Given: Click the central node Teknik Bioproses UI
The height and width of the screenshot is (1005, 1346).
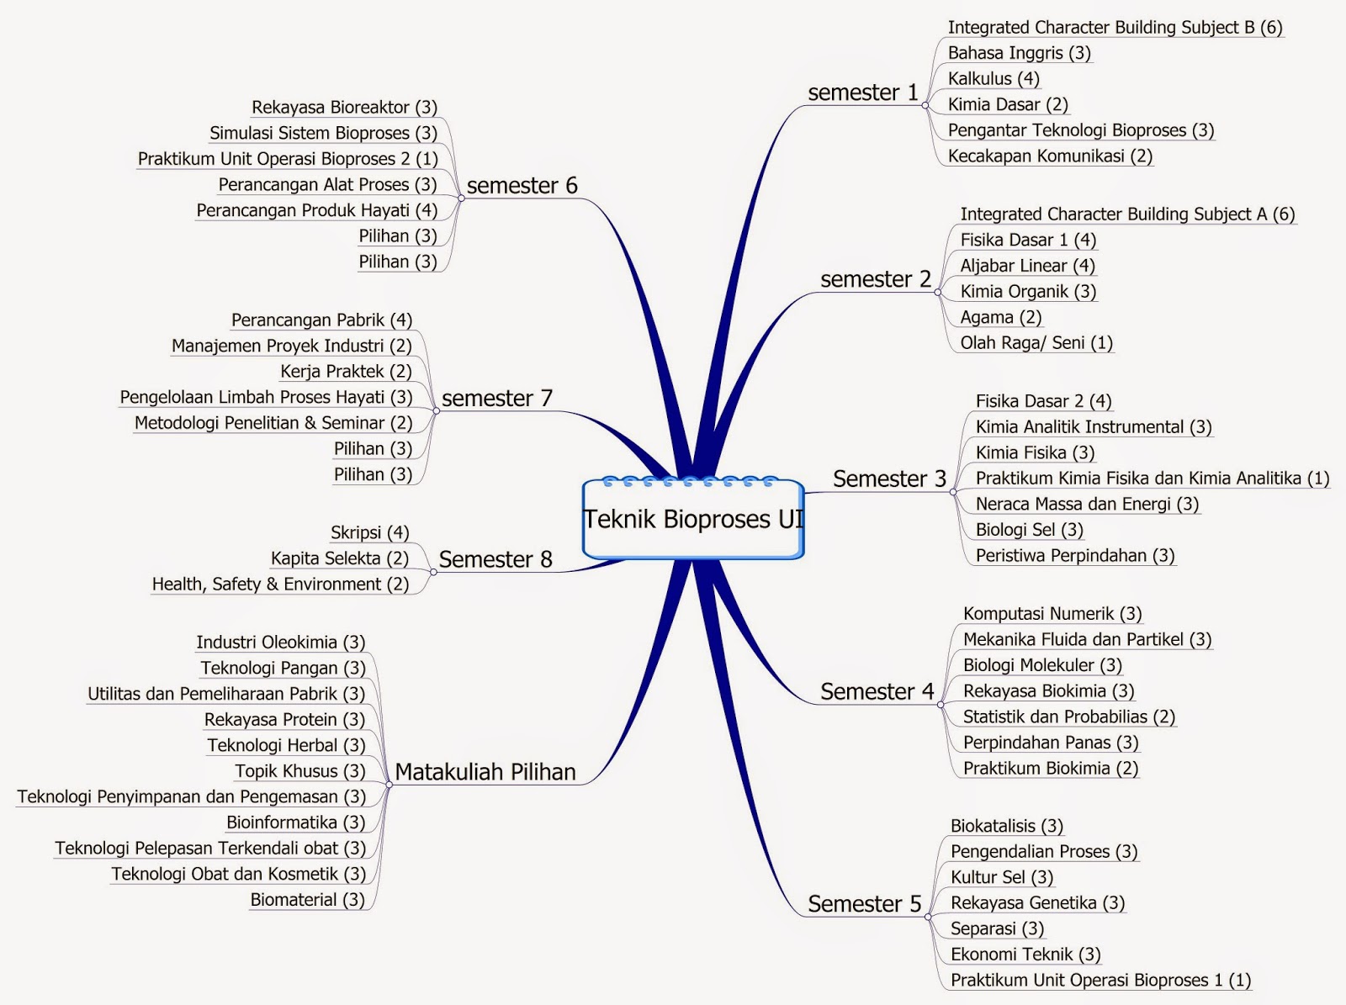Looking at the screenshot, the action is click(x=693, y=519).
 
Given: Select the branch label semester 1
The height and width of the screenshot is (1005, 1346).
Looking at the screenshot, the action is click(x=862, y=93).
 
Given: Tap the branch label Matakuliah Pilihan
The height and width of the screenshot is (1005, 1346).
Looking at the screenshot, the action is click(x=485, y=772).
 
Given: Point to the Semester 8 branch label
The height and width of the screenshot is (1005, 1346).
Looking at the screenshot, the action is click(x=495, y=559).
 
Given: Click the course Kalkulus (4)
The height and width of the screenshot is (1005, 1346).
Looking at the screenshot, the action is click(x=994, y=79).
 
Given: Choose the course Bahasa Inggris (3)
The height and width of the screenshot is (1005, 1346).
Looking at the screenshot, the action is click(x=1019, y=53).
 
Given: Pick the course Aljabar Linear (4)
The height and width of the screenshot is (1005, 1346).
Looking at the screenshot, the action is click(x=1027, y=266).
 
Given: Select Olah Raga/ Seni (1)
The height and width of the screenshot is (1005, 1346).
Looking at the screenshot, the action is click(x=1036, y=343).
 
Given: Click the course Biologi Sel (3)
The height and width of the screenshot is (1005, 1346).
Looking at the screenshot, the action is click(x=1029, y=530).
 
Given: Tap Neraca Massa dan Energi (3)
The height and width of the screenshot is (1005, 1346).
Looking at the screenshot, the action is click(x=1087, y=504).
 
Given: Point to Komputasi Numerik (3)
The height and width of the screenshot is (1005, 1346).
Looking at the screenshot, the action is click(x=1052, y=614).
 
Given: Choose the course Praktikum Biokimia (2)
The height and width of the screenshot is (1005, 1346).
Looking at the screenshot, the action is click(x=1050, y=768).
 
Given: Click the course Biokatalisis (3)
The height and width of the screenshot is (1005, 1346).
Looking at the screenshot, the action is click(x=1006, y=826).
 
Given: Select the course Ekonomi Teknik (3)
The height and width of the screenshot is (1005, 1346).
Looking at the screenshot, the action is click(x=1025, y=955).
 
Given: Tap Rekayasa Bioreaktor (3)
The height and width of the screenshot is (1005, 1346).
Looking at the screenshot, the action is click(x=344, y=108).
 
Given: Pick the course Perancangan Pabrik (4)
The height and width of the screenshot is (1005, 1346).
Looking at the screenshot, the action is click(x=321, y=320).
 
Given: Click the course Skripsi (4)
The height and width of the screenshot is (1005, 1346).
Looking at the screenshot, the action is click(x=369, y=533).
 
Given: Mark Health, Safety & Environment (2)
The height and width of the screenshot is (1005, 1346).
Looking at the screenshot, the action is click(x=280, y=584).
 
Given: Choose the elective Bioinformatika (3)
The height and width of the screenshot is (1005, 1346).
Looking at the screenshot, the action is click(x=295, y=823).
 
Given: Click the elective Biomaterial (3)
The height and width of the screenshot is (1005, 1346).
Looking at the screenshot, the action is click(x=307, y=900).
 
